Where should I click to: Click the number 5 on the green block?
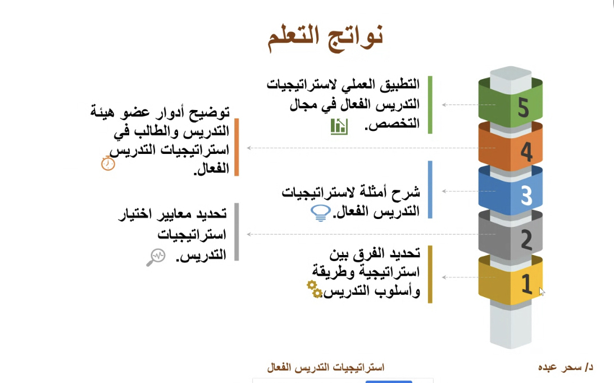524,107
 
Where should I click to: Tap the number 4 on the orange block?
527,152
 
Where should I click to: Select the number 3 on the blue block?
527,195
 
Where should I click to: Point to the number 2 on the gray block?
527,239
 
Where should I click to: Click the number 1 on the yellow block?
527,284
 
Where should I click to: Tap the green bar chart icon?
339,127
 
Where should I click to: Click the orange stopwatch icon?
108,163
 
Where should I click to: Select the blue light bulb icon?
320,213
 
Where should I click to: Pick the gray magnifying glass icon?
156,257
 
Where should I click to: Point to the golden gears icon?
315,289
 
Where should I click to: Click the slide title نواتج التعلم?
325,37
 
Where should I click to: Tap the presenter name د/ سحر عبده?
566,367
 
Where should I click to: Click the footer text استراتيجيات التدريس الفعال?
326,367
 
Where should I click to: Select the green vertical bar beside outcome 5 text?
430,105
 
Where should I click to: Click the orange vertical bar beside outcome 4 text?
236,147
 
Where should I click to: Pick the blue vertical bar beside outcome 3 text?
430,190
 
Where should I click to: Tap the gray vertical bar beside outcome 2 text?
236,232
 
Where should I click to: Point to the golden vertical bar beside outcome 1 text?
430,275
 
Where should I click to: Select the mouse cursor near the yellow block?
542,291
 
